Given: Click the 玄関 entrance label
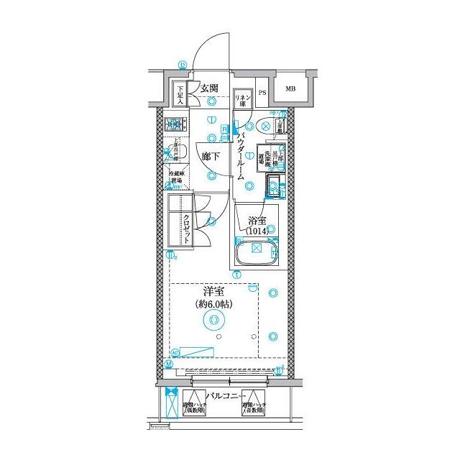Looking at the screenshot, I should point(209,88).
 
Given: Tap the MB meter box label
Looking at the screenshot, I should point(290,89).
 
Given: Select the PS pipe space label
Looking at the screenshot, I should point(262,92).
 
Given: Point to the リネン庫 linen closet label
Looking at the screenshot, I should point(242,98).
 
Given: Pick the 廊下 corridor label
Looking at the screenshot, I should point(210,155).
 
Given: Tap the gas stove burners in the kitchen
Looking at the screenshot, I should point(175,124).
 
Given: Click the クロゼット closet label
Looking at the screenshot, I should point(186,230).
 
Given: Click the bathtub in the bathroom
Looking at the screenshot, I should point(255,253).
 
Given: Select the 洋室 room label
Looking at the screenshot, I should point(214,293).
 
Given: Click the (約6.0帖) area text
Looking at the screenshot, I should point(214,305).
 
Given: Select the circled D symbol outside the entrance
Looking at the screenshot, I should point(183,64).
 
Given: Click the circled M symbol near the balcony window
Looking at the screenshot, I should point(168,364).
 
